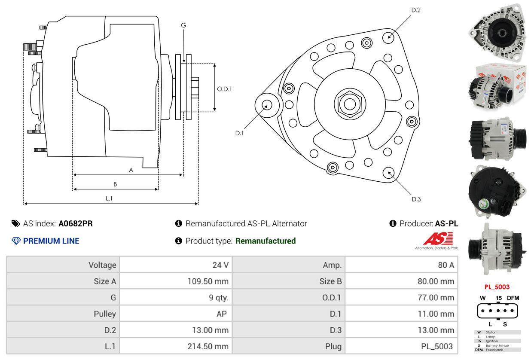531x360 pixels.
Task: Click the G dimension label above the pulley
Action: pyautogui.click(x=183, y=25)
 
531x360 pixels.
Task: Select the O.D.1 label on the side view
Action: pyautogui.click(x=224, y=89)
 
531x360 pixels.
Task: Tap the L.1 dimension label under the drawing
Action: pyautogui.click(x=109, y=198)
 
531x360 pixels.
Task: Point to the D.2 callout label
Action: pyautogui.click(x=415, y=10)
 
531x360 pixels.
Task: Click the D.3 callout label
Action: pyautogui.click(x=416, y=199)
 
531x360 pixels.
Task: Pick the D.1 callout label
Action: pyautogui.click(x=239, y=133)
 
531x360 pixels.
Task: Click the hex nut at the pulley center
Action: pyautogui.click(x=347, y=103)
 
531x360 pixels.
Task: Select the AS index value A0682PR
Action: pyautogui.click(x=76, y=223)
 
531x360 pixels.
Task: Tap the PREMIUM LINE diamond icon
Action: pyautogui.click(x=16, y=241)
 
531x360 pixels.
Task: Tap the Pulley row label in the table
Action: pyautogui.click(x=105, y=314)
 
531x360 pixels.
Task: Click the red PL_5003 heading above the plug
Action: pyautogui.click(x=497, y=287)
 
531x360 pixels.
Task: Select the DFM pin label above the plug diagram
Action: pyautogui.click(x=513, y=298)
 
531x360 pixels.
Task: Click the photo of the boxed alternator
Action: pyautogui.click(x=497, y=86)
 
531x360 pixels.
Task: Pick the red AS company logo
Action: pyautogui.click(x=438, y=238)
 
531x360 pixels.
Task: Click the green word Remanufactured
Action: pyautogui.click(x=265, y=241)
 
